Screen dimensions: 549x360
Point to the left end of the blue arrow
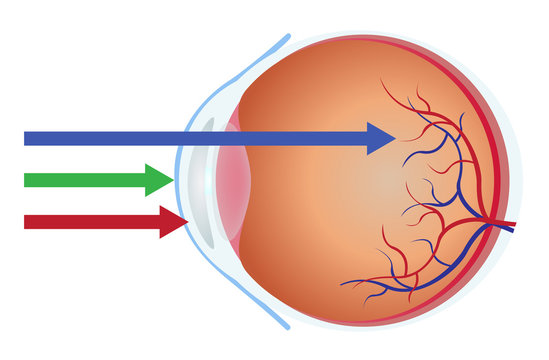[26, 138]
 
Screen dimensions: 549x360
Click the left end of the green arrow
[26, 180]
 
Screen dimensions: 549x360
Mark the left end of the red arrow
[26, 221]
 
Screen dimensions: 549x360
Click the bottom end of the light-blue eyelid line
[289, 327]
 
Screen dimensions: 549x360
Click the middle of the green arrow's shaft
[86, 180]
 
